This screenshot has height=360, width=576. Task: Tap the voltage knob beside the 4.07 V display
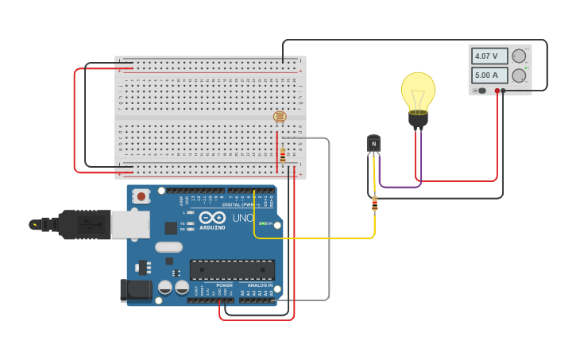519,56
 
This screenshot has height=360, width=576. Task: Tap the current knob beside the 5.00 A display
519,75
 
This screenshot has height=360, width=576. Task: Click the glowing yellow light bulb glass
418,91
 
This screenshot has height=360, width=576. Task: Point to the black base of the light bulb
418,120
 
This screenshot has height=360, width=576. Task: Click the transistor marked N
373,144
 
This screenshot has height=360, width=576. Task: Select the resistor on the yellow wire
374,205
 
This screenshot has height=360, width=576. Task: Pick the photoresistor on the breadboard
280,117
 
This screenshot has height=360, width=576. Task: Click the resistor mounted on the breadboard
282,156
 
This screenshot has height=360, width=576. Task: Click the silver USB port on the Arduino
130,224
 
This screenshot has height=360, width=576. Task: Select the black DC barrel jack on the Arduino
136,290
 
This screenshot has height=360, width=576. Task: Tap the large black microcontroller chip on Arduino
232,270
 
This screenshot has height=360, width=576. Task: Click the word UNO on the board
242,218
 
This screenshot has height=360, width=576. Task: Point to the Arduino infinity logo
212,217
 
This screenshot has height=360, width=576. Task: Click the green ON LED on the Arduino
261,224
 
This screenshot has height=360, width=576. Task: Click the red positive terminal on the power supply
497,91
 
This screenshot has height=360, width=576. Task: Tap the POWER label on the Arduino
225,285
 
